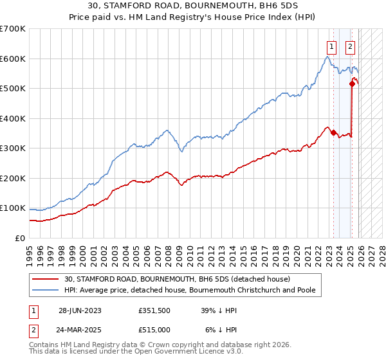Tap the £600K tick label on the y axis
point(13,59)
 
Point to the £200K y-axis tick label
point(13,178)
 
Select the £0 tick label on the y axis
point(19,238)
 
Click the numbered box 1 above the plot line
point(331,46)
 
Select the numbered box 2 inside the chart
point(350,46)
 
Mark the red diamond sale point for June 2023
point(333,133)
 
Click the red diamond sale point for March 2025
point(352,84)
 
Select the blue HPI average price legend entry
point(189,290)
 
